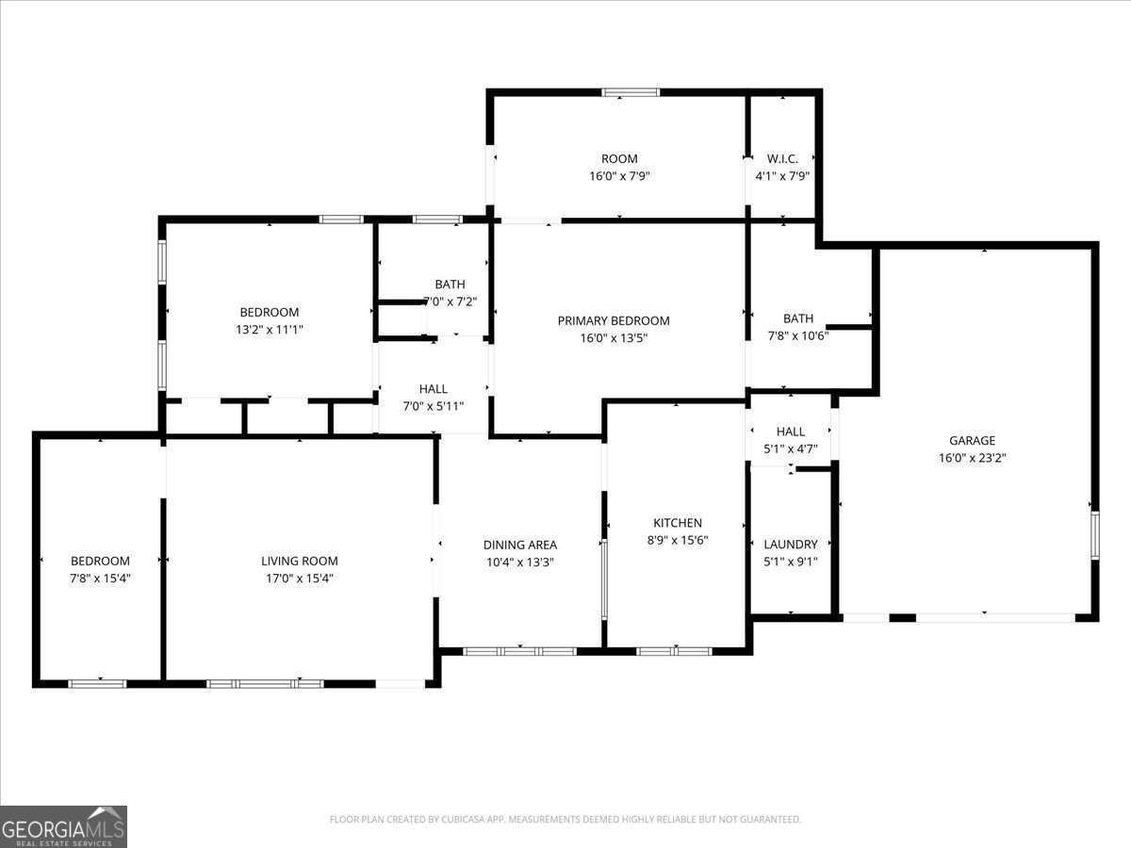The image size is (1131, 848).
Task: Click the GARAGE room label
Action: (x=972, y=440)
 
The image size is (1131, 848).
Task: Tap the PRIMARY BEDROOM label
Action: (x=614, y=320)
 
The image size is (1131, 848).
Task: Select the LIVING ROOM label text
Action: (x=299, y=561)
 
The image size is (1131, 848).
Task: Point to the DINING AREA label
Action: (x=519, y=545)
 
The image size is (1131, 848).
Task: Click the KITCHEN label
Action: (x=678, y=523)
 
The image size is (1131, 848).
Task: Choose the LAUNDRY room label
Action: (x=790, y=544)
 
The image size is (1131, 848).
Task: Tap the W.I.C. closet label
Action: (x=782, y=158)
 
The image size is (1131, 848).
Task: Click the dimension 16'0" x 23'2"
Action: (x=972, y=457)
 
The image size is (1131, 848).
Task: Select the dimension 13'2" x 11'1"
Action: (x=269, y=329)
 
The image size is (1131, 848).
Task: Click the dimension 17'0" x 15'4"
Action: (x=299, y=578)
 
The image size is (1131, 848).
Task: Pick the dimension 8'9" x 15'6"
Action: (x=678, y=540)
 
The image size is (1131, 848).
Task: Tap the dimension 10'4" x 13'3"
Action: (x=519, y=562)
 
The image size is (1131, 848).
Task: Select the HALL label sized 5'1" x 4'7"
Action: (x=790, y=432)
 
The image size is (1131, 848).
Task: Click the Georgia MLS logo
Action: (x=63, y=826)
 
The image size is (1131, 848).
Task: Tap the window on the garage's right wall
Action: (x=1094, y=535)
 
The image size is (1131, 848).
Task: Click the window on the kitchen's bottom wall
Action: (x=674, y=650)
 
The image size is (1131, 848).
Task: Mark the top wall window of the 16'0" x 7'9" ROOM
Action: (x=631, y=92)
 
